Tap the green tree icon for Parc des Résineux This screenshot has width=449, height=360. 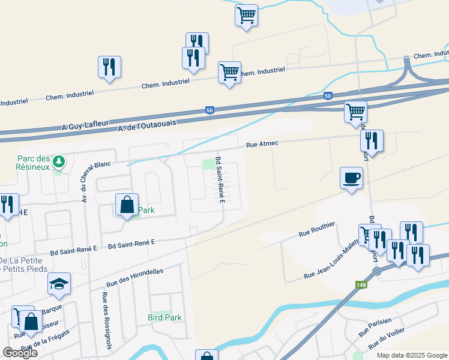(x=58, y=161)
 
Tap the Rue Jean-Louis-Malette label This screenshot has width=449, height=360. (x=331, y=262)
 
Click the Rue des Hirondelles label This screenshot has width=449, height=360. (x=135, y=277)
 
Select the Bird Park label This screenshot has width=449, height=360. (x=164, y=317)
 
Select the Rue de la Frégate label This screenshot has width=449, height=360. (x=46, y=340)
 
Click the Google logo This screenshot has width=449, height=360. (x=20, y=353)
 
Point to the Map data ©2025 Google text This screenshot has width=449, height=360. (x=411, y=355)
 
